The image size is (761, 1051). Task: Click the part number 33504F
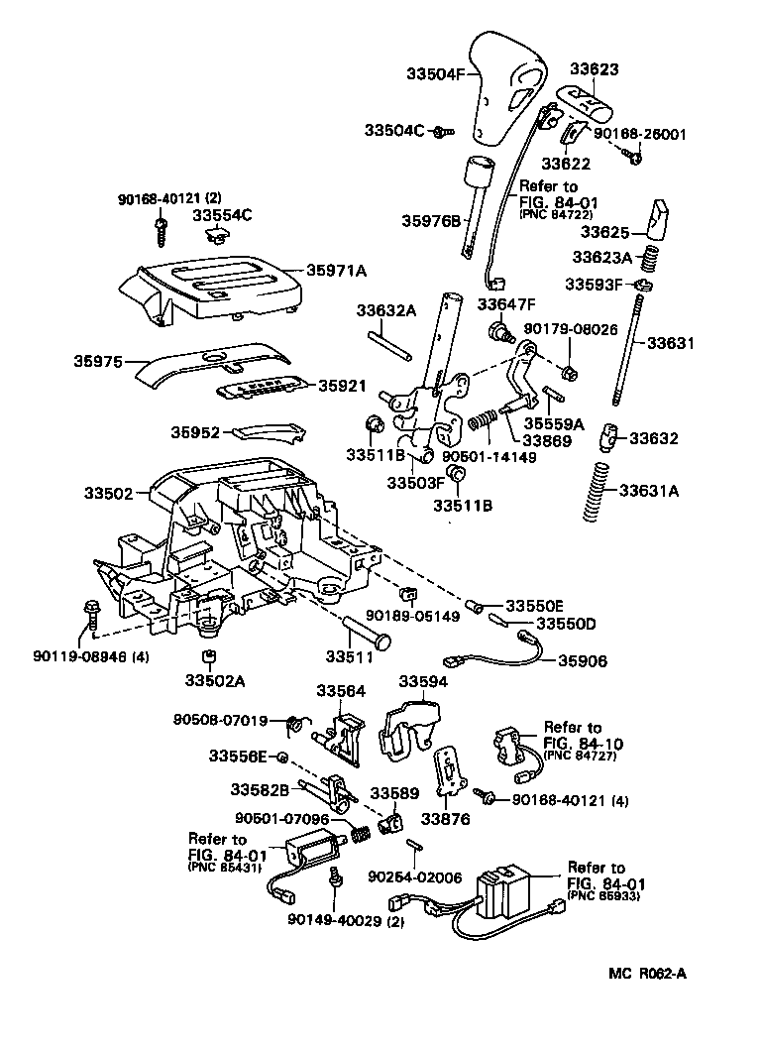coord(435,72)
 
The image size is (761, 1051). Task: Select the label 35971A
coord(336,270)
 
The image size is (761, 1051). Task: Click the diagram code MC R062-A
coord(646,974)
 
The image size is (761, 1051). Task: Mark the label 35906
coord(584,660)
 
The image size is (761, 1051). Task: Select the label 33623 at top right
coord(594,69)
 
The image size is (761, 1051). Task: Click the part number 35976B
coord(432,220)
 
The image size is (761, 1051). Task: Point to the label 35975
coord(97,363)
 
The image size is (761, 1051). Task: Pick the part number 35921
coord(342,385)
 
